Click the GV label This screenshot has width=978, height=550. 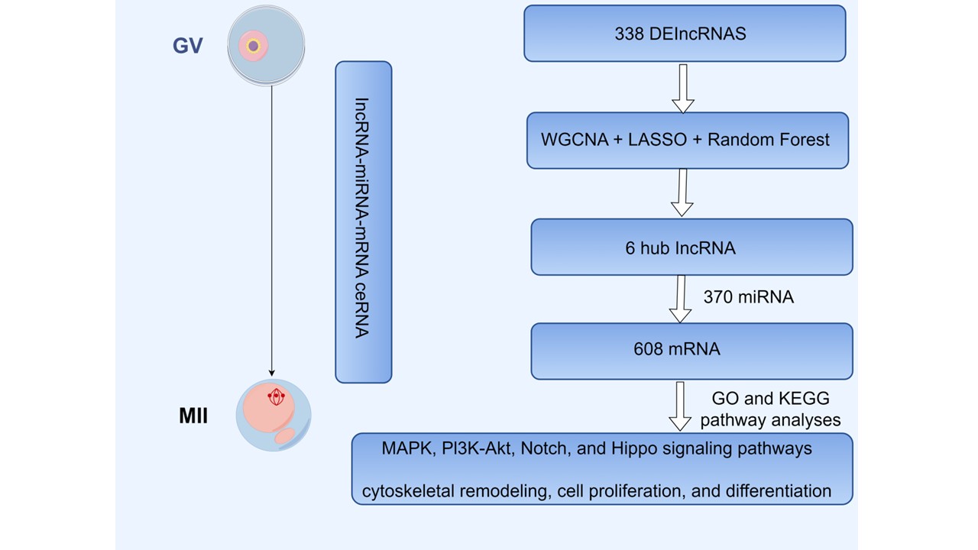tap(187, 46)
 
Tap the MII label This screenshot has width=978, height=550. tap(194, 417)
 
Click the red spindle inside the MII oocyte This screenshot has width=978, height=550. tap(276, 397)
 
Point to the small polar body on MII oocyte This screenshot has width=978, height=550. tap(285, 436)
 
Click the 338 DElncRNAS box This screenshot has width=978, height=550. tap(685, 34)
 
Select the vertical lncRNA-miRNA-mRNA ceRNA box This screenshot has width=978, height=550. tap(364, 222)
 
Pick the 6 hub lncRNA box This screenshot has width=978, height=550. tap(691, 247)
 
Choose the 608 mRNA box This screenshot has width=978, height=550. tap(691, 351)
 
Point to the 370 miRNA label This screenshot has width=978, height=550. tap(748, 297)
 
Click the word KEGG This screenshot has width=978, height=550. tap(804, 399)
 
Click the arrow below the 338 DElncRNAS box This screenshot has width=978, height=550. tap(682, 88)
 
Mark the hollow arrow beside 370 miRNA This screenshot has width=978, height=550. tap(680, 299)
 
